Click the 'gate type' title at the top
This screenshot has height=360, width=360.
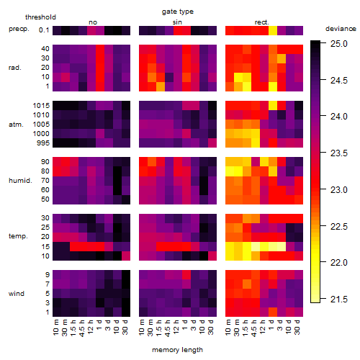point(178,12)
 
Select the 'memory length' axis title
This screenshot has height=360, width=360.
point(177,350)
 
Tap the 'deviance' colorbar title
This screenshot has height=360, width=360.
point(341,29)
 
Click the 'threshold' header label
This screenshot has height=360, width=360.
point(40,17)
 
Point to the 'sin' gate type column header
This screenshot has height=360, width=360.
point(177,22)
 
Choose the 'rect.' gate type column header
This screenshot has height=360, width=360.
point(261,22)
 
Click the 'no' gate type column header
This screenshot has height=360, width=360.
point(93,22)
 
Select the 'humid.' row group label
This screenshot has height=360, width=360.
point(20,180)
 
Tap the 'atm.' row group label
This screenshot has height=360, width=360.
point(16,125)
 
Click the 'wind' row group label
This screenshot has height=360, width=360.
point(17,293)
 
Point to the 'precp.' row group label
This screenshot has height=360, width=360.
point(19,29)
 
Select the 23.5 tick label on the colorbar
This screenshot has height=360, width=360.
point(339,153)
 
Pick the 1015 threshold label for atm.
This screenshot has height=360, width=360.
point(41,106)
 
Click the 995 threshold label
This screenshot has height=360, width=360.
point(43,143)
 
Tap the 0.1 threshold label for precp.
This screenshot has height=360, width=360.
point(44,30)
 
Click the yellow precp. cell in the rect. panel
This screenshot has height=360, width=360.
point(273,30)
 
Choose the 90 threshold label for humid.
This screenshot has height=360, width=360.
point(45,162)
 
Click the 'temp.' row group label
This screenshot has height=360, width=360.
point(18,236)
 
